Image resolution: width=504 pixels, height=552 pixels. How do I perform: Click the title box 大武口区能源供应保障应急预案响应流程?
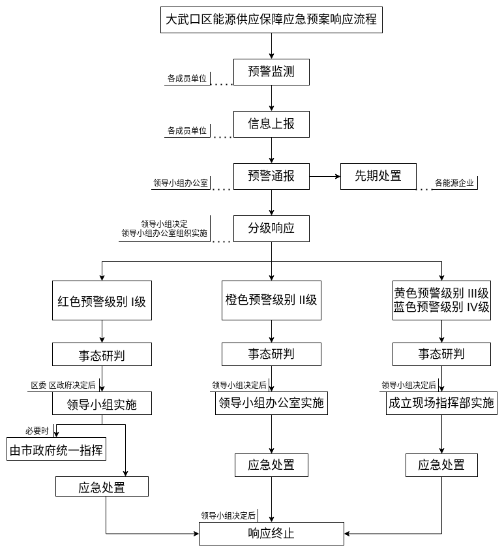(x=271, y=20)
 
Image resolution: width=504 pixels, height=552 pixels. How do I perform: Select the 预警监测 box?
(x=271, y=72)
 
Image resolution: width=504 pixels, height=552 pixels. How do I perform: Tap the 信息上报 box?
(x=271, y=123)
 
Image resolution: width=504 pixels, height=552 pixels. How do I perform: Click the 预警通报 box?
(x=271, y=176)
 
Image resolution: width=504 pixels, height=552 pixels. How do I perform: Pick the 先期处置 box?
(x=378, y=176)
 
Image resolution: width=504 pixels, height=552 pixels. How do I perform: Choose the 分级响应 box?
(x=271, y=228)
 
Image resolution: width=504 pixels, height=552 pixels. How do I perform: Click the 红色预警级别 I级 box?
(x=102, y=301)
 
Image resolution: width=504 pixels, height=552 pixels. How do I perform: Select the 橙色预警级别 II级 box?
(x=271, y=300)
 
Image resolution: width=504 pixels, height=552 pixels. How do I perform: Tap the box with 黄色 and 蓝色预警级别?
(x=441, y=300)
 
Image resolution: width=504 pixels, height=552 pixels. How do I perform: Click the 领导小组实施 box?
(x=102, y=404)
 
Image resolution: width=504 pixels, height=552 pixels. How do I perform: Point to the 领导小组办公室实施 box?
(x=271, y=403)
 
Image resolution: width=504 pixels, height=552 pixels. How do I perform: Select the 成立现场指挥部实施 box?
(x=441, y=403)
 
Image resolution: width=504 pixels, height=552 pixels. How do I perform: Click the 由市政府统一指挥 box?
(x=56, y=450)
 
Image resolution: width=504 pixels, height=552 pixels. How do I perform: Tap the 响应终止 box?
(x=271, y=534)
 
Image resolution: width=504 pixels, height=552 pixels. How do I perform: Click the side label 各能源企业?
(x=454, y=183)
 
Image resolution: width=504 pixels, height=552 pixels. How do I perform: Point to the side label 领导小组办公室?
(x=181, y=183)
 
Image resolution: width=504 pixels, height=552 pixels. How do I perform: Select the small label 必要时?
(x=37, y=431)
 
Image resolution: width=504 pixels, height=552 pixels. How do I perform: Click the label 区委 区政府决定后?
(x=63, y=386)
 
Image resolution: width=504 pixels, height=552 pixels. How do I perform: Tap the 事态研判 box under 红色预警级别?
(x=102, y=355)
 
